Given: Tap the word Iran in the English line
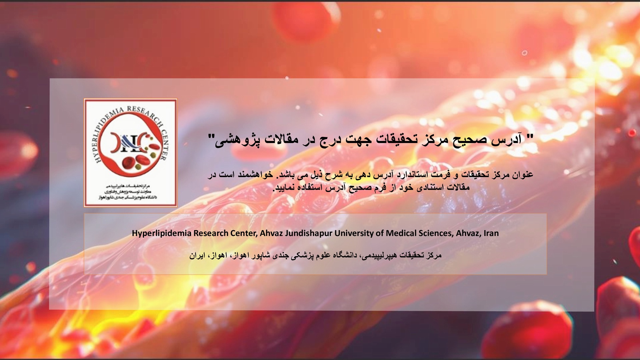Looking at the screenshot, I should point(491,233).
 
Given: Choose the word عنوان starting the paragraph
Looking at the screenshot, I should point(522,175).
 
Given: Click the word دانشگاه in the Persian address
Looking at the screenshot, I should point(345,256).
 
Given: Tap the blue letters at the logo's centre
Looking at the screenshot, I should point(130,143).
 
